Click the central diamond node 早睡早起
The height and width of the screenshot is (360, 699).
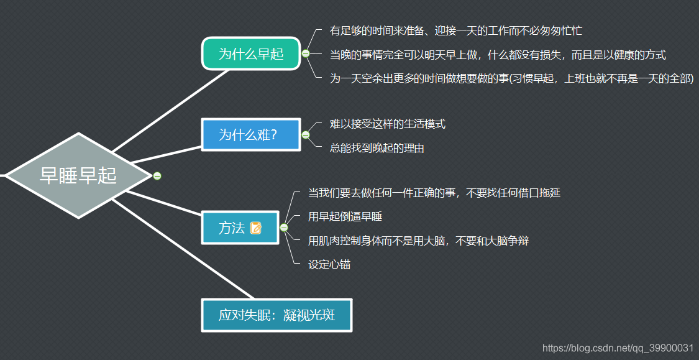coord(78,175)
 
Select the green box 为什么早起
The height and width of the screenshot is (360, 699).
coord(251,53)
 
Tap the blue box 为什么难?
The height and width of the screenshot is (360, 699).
coord(250,134)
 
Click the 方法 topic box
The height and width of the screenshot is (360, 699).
coord(232,228)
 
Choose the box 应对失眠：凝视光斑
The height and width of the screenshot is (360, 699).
coord(276,315)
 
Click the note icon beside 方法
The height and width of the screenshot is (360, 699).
coord(256,228)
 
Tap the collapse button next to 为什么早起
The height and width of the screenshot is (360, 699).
coord(306,54)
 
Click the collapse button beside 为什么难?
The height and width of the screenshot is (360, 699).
coord(306,135)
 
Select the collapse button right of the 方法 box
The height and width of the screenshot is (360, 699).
coord(284,228)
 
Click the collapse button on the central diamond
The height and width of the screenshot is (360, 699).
coord(157,176)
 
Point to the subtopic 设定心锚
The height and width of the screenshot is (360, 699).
coord(329,264)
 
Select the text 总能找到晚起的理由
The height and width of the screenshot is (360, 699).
coord(377,148)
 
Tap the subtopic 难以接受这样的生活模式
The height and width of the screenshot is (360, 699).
coord(387,124)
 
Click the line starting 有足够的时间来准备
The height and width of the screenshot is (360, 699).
coord(455,30)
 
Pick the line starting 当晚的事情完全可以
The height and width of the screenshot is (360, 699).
coord(497,55)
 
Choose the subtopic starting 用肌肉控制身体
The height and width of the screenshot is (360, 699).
coord(418,241)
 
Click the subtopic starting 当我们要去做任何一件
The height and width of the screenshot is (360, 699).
coord(434,193)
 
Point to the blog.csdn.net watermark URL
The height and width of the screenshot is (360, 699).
coord(618,348)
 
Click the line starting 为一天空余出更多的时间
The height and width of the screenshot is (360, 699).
coord(511,79)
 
